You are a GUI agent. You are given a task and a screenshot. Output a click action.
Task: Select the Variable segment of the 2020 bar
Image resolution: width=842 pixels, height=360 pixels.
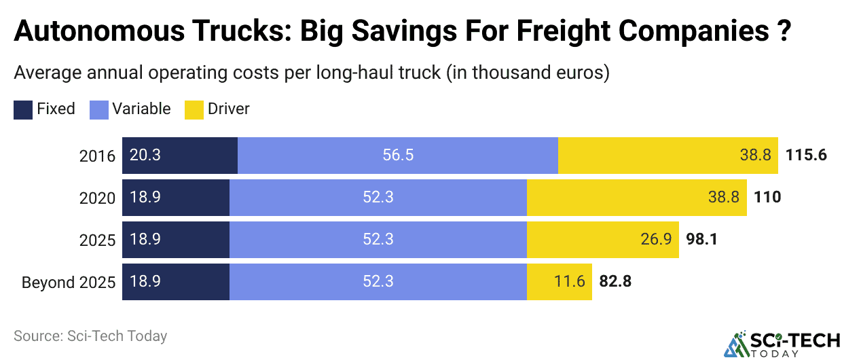click(x=378, y=198)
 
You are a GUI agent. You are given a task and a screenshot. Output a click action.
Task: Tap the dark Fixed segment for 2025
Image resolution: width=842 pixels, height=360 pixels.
click(x=175, y=240)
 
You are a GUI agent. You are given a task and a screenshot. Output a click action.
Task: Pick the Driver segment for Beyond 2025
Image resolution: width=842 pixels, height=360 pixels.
click(x=559, y=282)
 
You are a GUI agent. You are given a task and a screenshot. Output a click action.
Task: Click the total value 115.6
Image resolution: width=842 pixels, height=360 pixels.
click(x=806, y=155)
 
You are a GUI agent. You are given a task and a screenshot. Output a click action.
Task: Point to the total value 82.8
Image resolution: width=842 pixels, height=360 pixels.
click(x=615, y=282)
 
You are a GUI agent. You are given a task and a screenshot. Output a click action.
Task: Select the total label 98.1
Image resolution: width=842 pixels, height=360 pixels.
click(x=701, y=240)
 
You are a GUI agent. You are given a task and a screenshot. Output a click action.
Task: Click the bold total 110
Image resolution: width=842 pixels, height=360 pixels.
click(x=767, y=198)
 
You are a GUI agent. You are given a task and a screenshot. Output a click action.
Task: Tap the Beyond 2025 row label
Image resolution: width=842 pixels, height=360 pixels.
click(x=69, y=282)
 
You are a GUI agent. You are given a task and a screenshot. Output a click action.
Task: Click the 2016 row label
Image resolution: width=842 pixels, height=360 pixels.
click(x=97, y=155)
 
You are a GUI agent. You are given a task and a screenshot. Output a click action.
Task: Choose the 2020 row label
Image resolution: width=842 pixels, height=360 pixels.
click(x=97, y=198)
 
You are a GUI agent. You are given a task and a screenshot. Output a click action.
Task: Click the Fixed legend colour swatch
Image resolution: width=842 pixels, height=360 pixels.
click(x=22, y=109)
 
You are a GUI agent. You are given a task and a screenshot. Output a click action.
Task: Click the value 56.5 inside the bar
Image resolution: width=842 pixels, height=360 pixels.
click(x=398, y=155)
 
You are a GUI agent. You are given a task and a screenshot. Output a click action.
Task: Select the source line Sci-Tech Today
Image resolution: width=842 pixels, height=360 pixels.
click(x=90, y=336)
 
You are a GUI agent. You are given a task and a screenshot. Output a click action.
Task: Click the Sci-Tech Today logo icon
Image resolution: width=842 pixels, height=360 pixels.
click(x=734, y=345)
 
